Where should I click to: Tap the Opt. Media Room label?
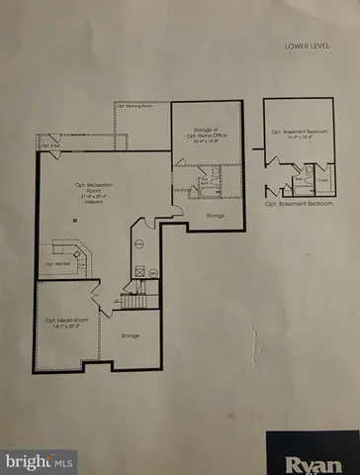click(64, 321)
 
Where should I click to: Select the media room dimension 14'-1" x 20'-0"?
click(64, 329)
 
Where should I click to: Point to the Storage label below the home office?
click(215, 214)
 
